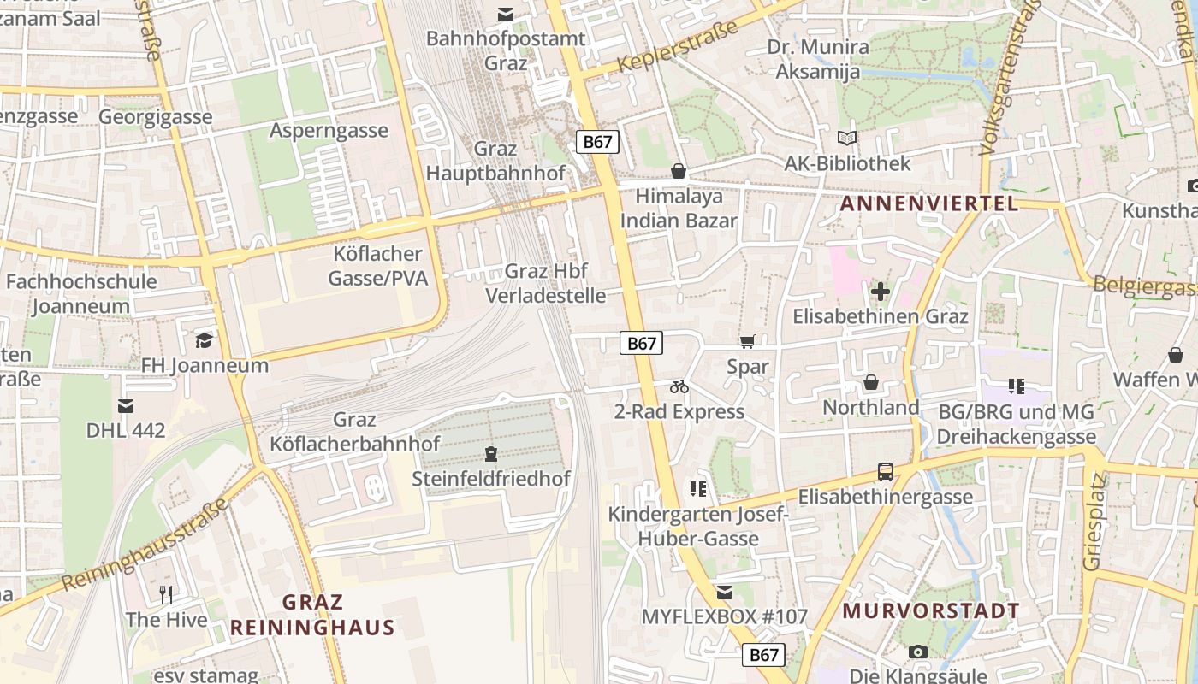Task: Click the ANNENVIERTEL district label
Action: [x=929, y=203]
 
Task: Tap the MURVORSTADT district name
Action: [x=931, y=611]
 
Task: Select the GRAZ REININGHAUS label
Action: [x=312, y=615]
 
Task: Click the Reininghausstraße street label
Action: [x=145, y=545]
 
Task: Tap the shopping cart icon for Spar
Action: [x=747, y=342]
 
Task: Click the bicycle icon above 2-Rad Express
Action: [x=679, y=387]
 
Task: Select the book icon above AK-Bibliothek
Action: [x=847, y=139]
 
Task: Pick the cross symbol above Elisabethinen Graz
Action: [x=880, y=292]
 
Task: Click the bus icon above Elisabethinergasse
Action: [x=886, y=472]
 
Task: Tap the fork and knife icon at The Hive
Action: [x=166, y=595]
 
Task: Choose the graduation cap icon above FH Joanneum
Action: [x=204, y=341]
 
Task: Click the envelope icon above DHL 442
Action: [x=126, y=406]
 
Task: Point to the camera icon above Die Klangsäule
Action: [x=918, y=652]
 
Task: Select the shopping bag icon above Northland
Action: [x=870, y=382]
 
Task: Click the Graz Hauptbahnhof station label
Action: [x=495, y=161]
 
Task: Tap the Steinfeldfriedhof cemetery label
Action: [x=491, y=479]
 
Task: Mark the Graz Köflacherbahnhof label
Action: [x=354, y=432]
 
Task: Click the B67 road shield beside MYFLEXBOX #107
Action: [x=762, y=655]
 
